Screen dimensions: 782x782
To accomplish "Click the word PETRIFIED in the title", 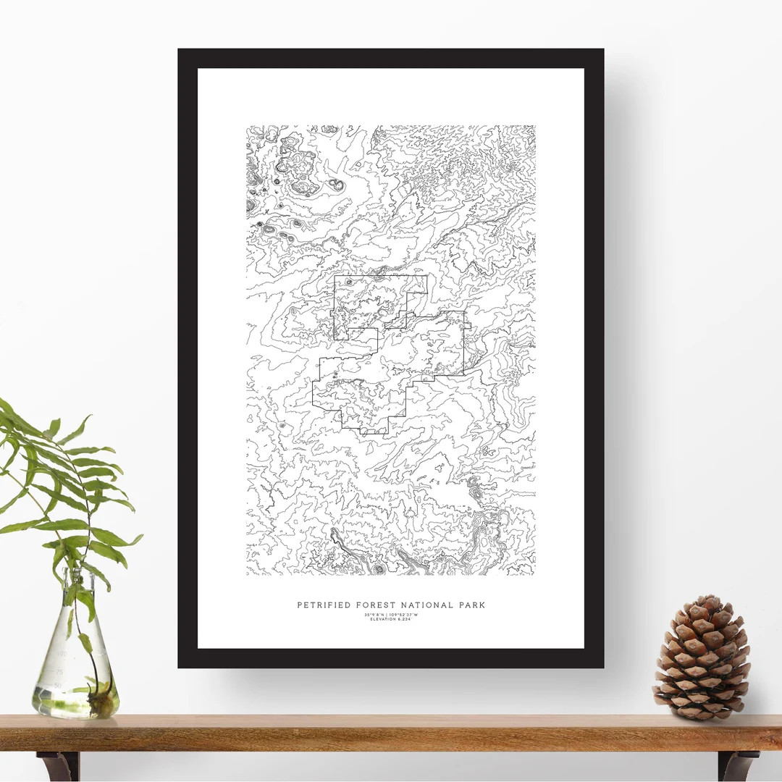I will point(323,605).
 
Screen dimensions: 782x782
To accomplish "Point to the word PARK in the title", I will point(471,605).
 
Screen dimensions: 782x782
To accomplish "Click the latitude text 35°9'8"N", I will point(375,615).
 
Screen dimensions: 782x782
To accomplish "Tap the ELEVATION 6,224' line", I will point(391,620).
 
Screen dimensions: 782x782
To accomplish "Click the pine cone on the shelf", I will point(702,660).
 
